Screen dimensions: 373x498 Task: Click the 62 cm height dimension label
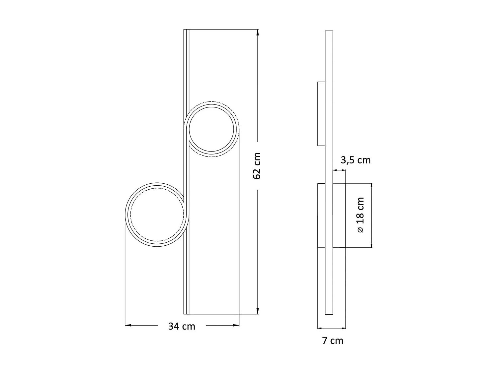(x=257, y=166)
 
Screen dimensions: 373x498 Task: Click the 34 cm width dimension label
(x=182, y=326)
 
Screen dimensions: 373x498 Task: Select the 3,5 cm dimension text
(x=356, y=160)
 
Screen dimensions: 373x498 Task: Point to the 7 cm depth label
(x=333, y=341)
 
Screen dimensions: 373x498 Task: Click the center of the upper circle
(x=213, y=129)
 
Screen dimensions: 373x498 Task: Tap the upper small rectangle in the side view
(x=321, y=114)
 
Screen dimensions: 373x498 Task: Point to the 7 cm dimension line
(x=331, y=328)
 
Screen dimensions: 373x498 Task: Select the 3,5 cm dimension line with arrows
(x=339, y=170)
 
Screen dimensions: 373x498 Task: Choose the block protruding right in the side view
(x=339, y=215)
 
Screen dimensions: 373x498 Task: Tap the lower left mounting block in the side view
(x=321, y=215)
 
